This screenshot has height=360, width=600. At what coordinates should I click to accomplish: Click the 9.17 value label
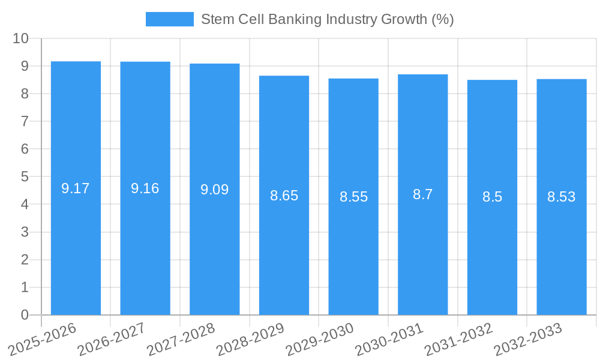click(76, 188)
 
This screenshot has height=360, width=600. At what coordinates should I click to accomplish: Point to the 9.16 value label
click(145, 188)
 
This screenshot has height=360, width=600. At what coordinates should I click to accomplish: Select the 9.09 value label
click(214, 190)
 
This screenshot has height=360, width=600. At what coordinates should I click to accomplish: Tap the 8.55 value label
click(353, 197)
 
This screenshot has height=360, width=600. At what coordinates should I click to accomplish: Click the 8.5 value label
click(492, 197)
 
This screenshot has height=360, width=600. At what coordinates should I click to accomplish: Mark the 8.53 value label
click(561, 197)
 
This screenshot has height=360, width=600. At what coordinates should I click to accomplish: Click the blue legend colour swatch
click(170, 19)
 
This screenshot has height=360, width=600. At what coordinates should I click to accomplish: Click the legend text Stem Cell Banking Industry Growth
click(327, 19)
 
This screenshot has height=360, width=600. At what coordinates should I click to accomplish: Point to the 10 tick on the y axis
click(21, 38)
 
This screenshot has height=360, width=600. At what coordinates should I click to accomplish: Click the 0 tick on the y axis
click(25, 315)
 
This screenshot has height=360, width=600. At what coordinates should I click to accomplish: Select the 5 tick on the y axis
click(25, 177)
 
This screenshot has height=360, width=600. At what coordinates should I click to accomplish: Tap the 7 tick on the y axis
click(25, 121)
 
